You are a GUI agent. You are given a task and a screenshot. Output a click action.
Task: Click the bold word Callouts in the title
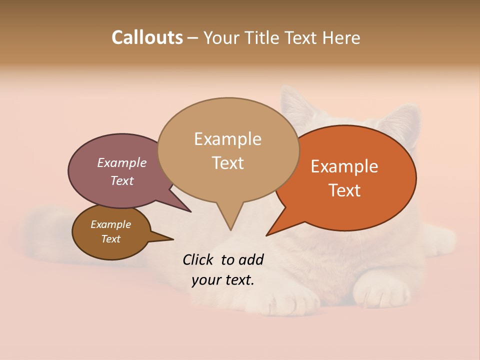pos(147,37)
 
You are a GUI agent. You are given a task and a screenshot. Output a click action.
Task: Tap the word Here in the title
pos(342,37)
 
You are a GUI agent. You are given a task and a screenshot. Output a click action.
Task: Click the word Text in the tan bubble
pos(227,162)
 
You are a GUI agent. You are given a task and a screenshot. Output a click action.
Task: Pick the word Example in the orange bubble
pos(344,166)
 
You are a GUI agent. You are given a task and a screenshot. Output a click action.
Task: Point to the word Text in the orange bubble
pos(344,190)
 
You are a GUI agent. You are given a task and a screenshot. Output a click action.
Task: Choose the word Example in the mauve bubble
pos(121,162)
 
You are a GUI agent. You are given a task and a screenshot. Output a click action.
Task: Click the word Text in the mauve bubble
pos(121,180)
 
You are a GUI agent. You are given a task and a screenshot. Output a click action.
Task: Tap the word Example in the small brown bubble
pos(110,224)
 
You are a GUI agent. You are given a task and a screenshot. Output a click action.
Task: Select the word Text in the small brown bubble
pos(110,239)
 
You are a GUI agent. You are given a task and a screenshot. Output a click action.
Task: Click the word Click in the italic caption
pos(199,259)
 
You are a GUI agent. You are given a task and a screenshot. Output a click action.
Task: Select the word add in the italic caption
pos(251,259)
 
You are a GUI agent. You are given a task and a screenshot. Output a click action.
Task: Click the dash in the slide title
pos(193,38)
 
